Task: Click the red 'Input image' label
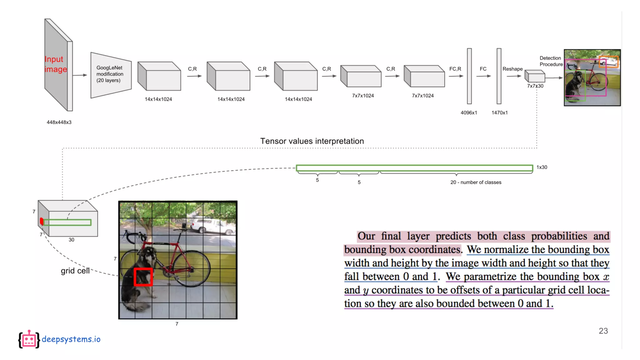56,64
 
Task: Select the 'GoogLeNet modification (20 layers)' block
110,74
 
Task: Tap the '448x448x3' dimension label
59,122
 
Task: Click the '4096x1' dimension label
469,112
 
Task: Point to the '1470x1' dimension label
499,112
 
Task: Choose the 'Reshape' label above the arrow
512,69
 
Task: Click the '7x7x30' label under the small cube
535,86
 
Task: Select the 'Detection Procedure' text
551,61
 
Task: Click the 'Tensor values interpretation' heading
312,141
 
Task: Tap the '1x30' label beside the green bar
542,167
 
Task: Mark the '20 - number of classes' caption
476,182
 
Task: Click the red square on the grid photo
143,277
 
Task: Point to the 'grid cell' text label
75,271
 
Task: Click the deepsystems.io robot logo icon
29,339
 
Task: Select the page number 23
603,331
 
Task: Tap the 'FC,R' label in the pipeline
455,69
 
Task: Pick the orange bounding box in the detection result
608,62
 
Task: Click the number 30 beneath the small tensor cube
72,240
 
